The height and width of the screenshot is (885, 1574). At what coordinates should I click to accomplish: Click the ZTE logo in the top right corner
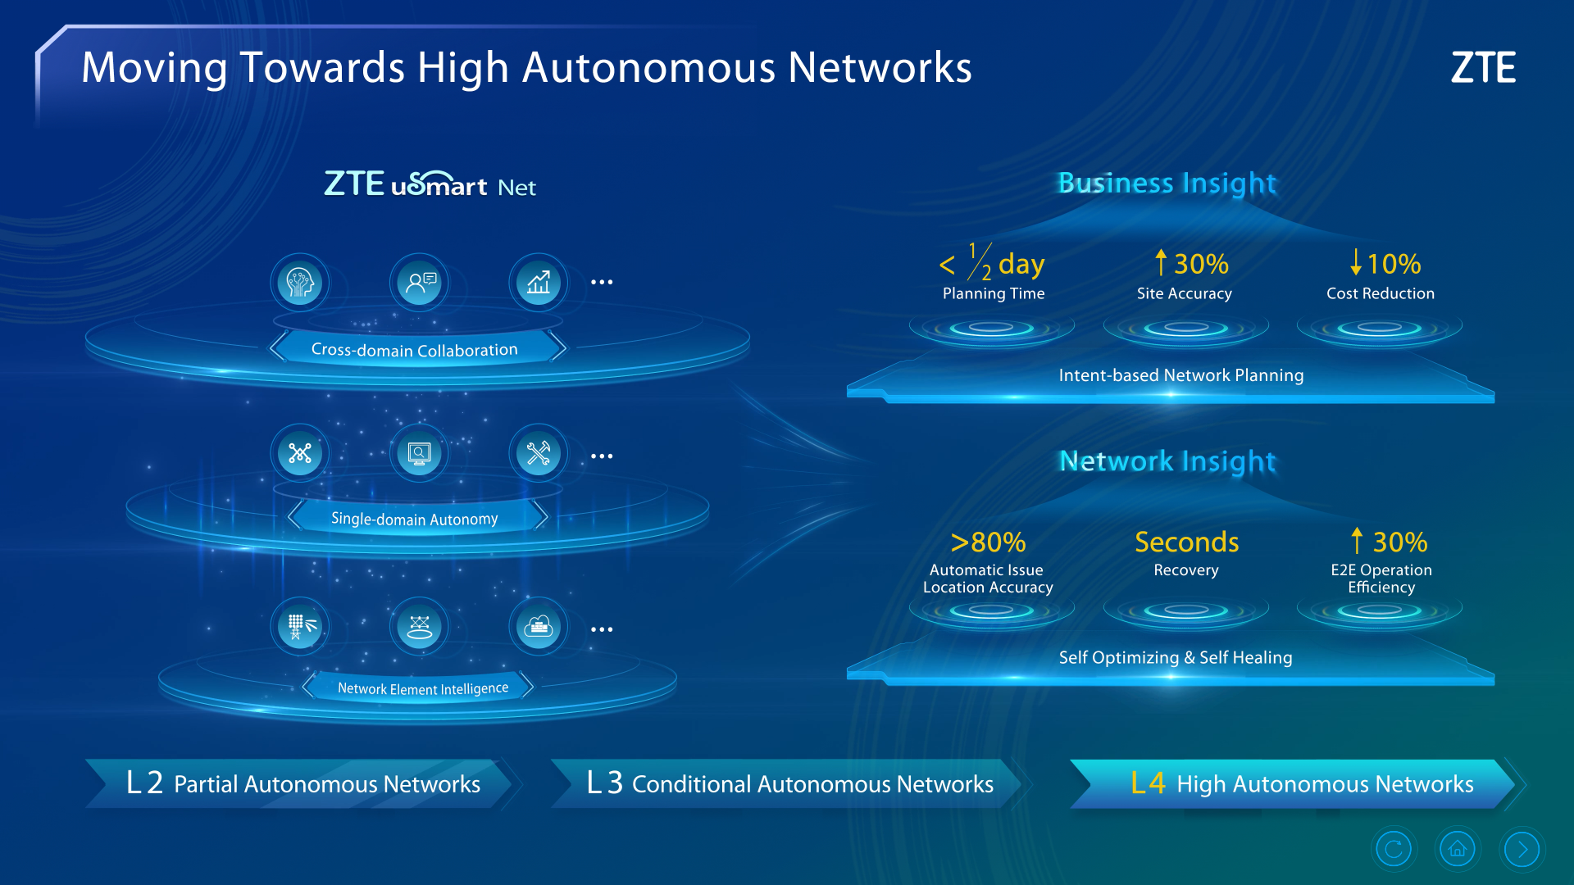(x=1483, y=67)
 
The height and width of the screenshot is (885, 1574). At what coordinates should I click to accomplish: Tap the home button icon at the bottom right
(x=1457, y=849)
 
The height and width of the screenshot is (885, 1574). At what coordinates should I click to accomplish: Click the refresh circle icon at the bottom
(x=1393, y=849)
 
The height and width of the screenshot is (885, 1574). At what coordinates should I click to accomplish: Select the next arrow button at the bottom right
(x=1522, y=849)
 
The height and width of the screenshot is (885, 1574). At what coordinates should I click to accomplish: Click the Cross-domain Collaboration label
(x=415, y=350)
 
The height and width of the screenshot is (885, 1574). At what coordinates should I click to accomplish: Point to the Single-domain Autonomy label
(x=415, y=519)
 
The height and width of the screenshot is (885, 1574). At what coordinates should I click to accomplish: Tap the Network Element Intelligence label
(x=423, y=688)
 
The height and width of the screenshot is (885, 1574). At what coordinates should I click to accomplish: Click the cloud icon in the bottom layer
(x=539, y=627)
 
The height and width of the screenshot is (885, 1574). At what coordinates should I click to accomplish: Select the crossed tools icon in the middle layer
(x=539, y=453)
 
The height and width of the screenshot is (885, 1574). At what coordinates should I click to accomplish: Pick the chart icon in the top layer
(x=539, y=283)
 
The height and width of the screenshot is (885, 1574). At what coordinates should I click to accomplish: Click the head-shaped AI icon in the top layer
(x=300, y=283)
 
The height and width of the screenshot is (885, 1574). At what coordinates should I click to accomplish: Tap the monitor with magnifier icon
(x=420, y=453)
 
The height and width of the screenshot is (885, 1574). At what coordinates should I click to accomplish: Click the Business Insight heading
(x=1167, y=184)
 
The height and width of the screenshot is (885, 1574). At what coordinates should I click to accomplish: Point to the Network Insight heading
(x=1167, y=461)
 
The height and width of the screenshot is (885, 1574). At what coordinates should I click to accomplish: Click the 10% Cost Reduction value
(x=1385, y=263)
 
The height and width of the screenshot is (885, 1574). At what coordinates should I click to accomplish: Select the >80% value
(x=988, y=542)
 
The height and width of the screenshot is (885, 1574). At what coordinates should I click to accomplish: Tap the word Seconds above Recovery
(x=1186, y=542)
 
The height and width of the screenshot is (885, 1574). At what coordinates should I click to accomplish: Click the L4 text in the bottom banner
(x=1148, y=783)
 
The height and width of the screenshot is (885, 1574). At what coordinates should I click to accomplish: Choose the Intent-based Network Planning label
(x=1181, y=375)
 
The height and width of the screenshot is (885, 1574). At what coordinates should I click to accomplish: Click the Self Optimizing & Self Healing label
(x=1176, y=657)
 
